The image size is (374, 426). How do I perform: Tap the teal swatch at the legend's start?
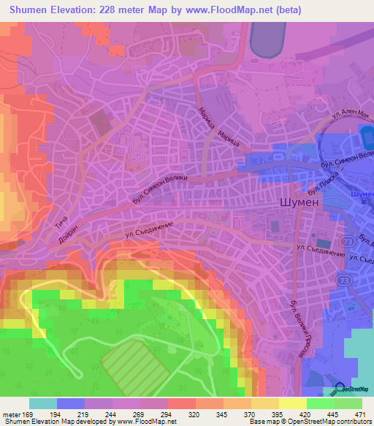43,403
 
